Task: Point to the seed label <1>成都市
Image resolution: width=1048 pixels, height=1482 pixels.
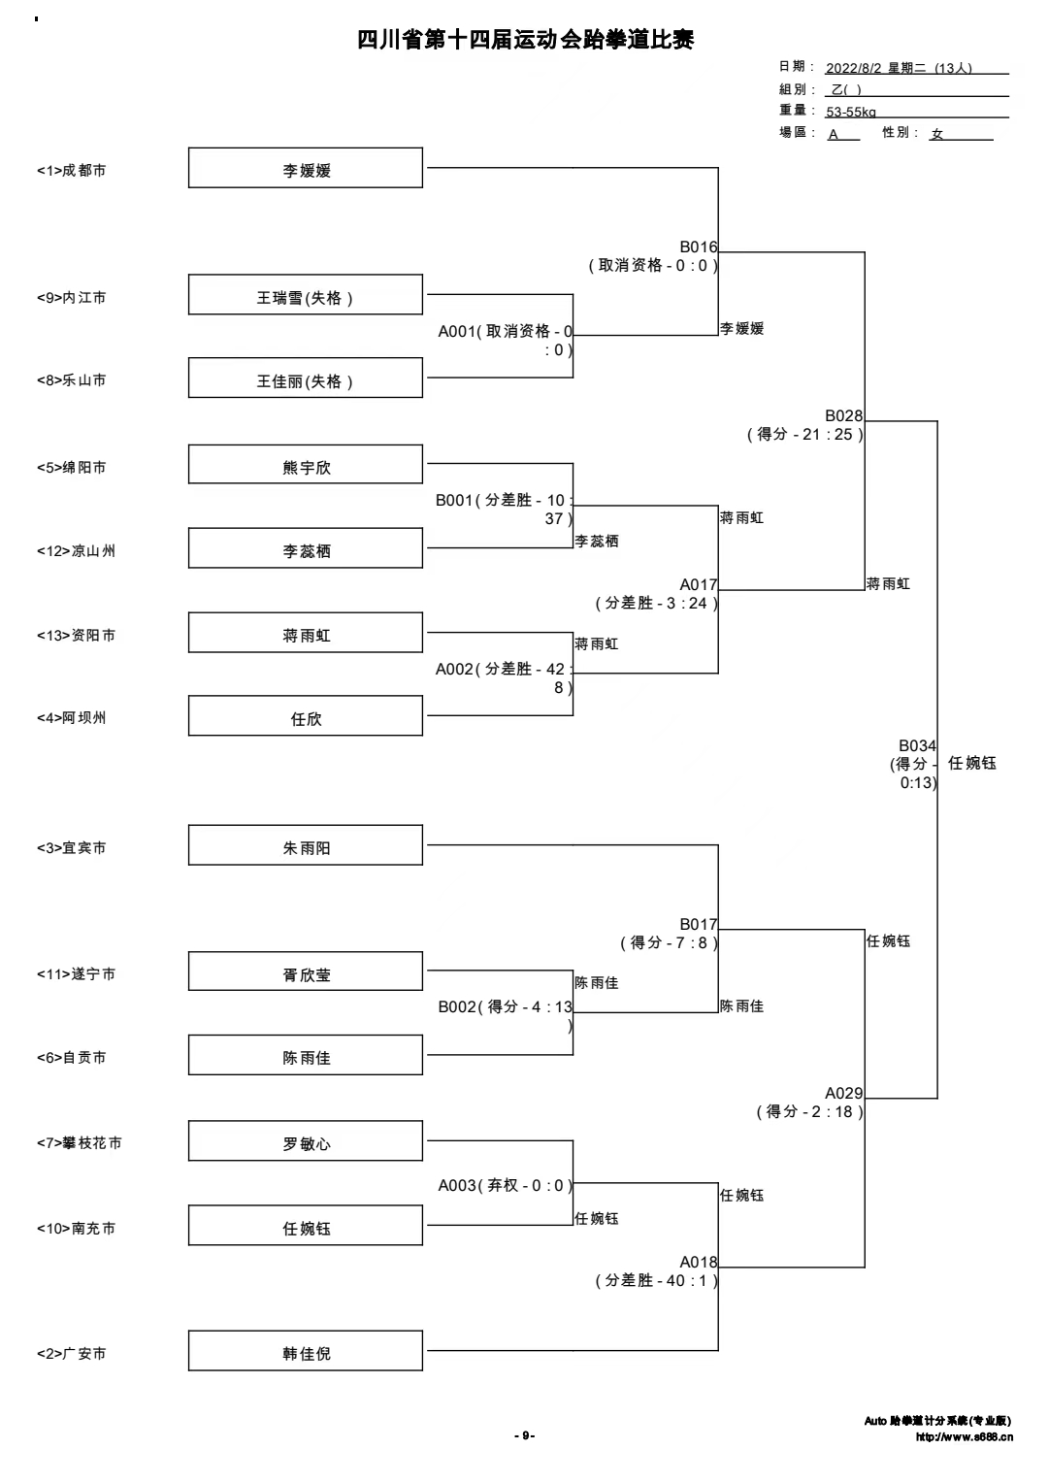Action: [x=72, y=171]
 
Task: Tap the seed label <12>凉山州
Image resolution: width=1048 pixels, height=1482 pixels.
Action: [x=76, y=551]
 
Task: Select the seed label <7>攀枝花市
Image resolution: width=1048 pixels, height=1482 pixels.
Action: [x=80, y=1142]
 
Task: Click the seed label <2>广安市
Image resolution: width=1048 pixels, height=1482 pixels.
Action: [x=72, y=1354]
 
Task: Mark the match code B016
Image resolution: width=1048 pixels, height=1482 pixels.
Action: [x=699, y=247]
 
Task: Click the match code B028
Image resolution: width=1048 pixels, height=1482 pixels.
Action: [x=843, y=416]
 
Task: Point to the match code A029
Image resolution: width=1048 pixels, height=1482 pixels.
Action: [x=843, y=1093]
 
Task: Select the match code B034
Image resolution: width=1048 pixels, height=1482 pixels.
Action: [x=917, y=745]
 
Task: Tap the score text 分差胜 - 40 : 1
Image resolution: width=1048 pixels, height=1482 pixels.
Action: [x=656, y=1280]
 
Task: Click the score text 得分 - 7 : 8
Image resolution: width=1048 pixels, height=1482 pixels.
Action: [x=669, y=942]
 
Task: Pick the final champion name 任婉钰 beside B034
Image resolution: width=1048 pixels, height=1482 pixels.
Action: [x=972, y=763]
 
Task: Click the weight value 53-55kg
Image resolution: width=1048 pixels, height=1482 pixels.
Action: [x=851, y=112]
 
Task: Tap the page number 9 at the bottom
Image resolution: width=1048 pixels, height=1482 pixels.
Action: [x=525, y=1435]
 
